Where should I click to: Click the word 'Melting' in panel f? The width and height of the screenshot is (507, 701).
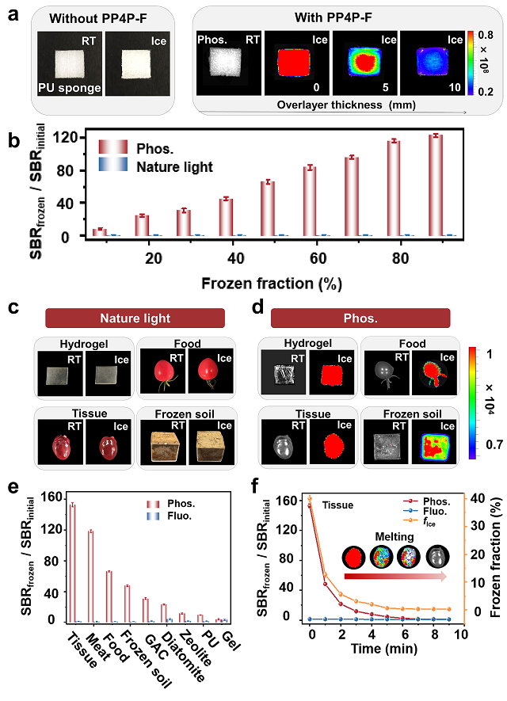click(395, 536)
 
